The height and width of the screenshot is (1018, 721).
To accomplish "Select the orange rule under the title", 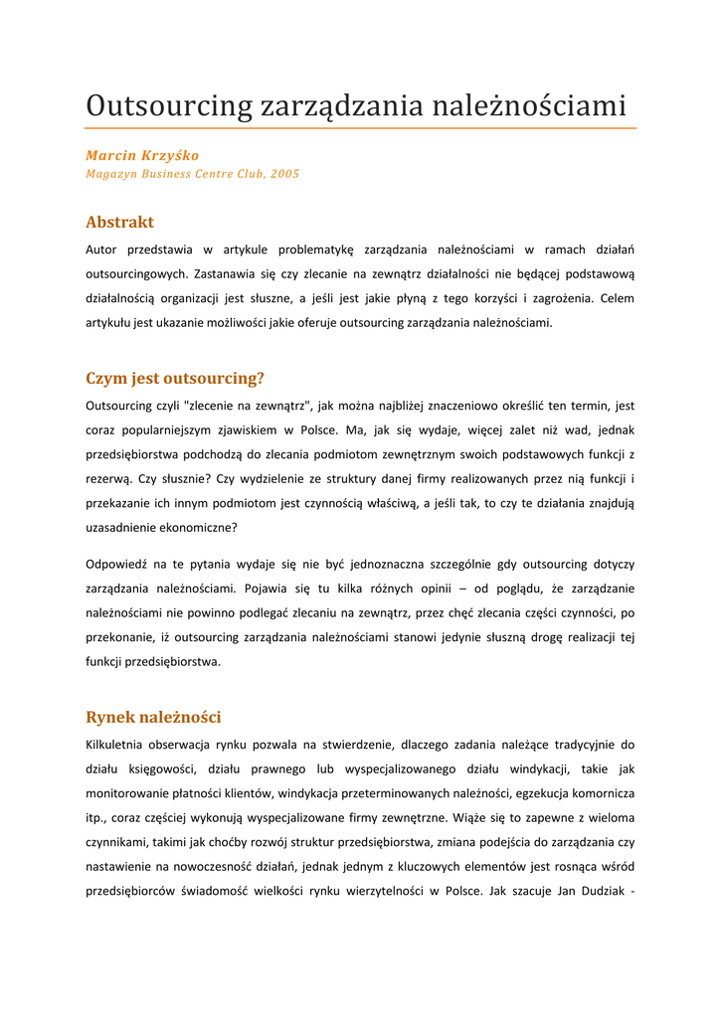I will point(360,128).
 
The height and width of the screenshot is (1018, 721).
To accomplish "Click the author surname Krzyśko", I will point(169,156).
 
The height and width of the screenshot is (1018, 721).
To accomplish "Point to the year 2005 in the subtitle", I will point(284,174).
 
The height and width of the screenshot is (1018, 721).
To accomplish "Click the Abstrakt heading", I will point(119,222).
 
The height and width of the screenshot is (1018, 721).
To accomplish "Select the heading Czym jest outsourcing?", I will point(175,378).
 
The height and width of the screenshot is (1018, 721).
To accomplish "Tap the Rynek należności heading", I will point(153,717).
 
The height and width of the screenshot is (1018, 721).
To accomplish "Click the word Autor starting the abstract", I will point(102,250).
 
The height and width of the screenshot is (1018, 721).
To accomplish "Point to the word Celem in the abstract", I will point(616,298).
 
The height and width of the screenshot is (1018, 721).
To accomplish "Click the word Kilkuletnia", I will point(119,744).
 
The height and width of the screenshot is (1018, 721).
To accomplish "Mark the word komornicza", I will point(599,793).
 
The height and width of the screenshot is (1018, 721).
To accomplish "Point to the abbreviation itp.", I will point(98,817).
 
